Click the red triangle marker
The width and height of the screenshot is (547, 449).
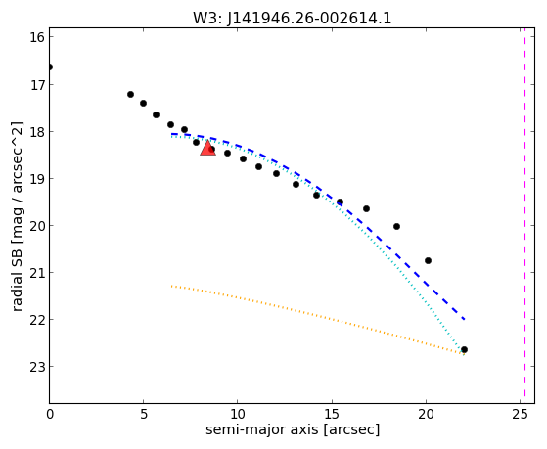click(207, 148)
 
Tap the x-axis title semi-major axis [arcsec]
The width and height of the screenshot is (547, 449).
click(293, 429)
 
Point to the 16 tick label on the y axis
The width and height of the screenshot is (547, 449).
click(37, 38)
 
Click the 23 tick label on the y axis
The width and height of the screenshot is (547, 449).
click(37, 367)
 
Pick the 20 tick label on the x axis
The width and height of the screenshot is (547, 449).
click(426, 414)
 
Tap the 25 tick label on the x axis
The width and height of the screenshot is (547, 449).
click(521, 414)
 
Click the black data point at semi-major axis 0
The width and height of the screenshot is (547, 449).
click(50, 67)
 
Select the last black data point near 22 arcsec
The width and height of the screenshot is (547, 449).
click(464, 349)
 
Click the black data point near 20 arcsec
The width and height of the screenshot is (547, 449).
click(428, 260)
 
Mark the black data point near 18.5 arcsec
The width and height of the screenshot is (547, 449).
click(396, 226)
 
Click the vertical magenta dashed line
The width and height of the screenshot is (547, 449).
click(524, 215)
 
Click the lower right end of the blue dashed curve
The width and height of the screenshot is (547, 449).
click(465, 319)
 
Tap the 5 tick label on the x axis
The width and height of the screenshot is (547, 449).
click(144, 414)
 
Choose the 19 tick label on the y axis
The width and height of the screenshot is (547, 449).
click(37, 179)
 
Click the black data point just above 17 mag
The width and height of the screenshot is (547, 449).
click(130, 94)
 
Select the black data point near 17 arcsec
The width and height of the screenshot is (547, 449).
click(366, 208)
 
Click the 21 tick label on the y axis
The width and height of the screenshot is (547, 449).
click(37, 273)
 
